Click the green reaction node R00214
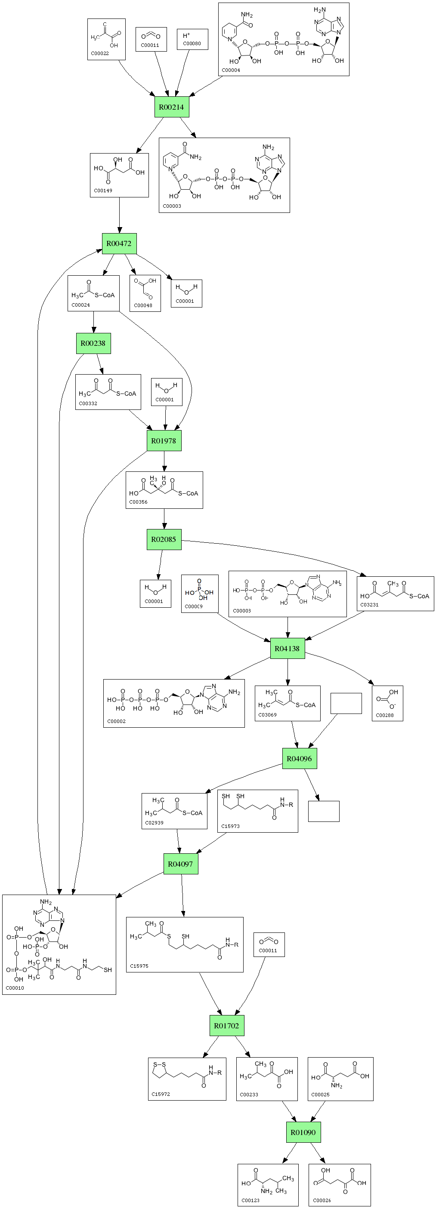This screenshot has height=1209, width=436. pos(171,107)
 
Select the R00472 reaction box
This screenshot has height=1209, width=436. pos(119,243)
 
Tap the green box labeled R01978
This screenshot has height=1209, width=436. pos(164,441)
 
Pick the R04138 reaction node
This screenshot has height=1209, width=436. pos(288,648)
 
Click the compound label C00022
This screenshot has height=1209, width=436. pos(99,53)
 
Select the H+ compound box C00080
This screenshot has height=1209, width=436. pos(192,39)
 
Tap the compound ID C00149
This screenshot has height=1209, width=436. pos(103,191)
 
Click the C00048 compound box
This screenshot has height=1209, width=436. pos(145,293)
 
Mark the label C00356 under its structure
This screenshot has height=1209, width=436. pos(138,502)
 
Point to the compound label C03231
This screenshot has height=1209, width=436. pos(369,605)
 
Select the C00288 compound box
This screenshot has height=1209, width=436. pos(387,703)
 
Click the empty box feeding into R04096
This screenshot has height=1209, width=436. pos(346,703)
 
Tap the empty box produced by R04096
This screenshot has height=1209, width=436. pos(324,811)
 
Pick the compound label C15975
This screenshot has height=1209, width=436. pos(139,966)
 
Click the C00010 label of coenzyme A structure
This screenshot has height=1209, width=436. pos(15,988)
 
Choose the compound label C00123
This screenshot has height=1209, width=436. pos(250,1200)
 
